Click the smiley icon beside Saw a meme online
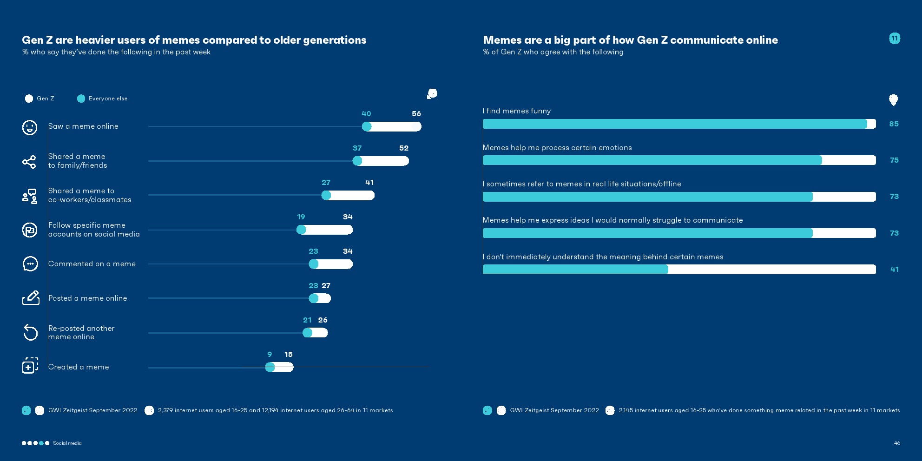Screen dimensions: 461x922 tap(30, 127)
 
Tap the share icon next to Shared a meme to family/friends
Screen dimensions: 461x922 tap(29, 161)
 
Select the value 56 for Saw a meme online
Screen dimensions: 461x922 tap(416, 114)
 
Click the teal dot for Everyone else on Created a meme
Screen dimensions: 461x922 tap(270, 367)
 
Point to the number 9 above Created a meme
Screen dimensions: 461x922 tap(270, 355)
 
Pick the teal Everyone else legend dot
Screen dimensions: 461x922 tap(81, 99)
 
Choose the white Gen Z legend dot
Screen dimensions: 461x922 tap(29, 99)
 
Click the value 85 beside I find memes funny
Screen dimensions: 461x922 tap(894, 124)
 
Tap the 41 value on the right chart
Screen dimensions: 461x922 tap(894, 270)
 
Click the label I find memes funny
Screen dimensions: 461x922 tap(517, 111)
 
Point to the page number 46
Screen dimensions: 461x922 tap(897, 443)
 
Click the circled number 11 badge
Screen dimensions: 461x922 tap(895, 39)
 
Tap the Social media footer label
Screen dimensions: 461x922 tap(67, 443)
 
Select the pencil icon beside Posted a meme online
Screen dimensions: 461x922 tap(31, 298)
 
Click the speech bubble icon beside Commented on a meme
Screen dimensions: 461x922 tap(30, 264)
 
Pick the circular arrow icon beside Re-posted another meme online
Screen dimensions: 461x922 tap(30, 332)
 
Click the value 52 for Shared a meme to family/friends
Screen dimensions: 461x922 tap(404, 148)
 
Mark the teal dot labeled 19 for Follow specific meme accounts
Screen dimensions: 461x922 tap(301, 230)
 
